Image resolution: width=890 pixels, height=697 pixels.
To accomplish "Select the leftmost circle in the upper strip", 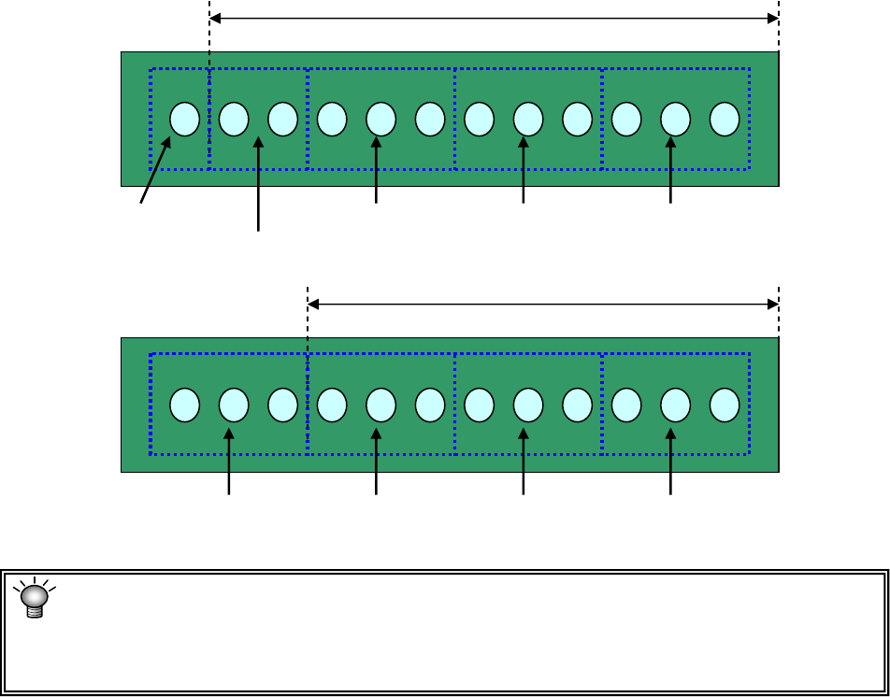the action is point(184,119).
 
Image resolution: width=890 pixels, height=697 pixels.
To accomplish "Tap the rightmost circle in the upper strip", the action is point(725,119).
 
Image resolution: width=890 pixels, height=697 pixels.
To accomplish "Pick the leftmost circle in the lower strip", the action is point(184,405).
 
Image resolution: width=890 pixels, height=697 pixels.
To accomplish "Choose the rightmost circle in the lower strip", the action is point(725,405).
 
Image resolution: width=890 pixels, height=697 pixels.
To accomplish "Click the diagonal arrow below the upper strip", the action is point(156,169).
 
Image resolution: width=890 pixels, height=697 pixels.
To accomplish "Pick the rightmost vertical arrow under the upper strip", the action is point(671,169).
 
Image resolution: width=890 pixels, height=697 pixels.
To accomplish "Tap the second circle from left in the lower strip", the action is point(233,405).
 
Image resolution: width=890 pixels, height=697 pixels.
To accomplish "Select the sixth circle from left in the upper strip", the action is point(429,119).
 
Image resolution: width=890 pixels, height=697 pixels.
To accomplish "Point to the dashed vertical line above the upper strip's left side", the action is point(209,37).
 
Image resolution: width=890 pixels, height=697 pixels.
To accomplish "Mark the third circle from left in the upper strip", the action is point(282,119).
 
